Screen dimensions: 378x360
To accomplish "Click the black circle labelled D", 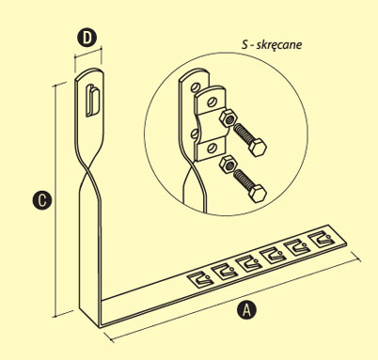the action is click(87, 38).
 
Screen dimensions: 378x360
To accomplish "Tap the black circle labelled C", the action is click(42, 200).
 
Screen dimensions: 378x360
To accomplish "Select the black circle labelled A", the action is click(246, 310).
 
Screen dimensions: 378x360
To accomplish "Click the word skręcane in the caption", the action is click(279, 45).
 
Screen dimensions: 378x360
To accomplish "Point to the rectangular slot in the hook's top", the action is click(93, 101).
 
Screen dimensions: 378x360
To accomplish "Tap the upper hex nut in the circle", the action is click(228, 118).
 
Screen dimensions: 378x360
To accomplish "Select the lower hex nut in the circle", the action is click(228, 164).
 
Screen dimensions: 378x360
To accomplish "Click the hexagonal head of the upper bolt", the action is click(258, 148).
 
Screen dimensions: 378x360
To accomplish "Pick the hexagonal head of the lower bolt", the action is click(258, 194).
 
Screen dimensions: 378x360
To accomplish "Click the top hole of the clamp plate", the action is click(213, 102).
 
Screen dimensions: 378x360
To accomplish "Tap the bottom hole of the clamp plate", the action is click(212, 147).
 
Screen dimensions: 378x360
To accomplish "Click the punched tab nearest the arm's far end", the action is click(320, 240).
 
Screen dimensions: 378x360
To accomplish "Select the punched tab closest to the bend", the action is click(200, 278).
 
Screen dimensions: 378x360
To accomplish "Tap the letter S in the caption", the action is click(244, 44).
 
